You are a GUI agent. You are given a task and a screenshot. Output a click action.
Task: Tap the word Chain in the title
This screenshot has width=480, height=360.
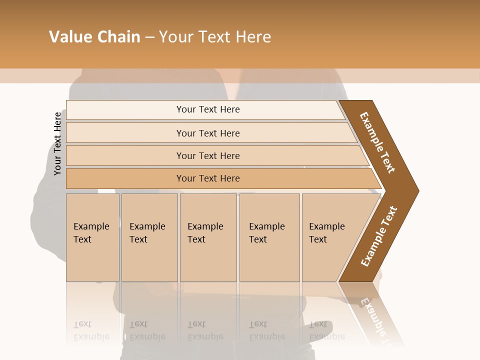pos(118,37)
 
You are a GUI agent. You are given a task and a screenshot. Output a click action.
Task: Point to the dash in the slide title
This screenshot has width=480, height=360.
pos(149,37)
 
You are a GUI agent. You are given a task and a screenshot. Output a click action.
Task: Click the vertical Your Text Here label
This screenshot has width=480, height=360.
pos(57,143)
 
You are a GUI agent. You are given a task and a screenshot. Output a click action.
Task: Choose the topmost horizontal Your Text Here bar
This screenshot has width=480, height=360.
pos(207,109)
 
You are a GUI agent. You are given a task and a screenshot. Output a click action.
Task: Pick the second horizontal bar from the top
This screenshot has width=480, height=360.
pos(207,133)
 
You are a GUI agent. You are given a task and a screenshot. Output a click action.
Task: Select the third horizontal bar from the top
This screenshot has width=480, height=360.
pos(207,155)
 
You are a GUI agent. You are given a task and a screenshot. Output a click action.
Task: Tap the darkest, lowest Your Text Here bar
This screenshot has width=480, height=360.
pos(207,178)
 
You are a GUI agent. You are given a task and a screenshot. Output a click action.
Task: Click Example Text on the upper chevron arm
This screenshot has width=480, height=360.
pos(377,142)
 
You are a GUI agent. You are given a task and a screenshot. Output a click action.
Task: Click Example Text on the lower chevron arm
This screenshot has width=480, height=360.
pos(378,236)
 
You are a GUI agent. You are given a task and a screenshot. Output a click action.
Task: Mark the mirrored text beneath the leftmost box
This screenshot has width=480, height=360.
pos(91,331)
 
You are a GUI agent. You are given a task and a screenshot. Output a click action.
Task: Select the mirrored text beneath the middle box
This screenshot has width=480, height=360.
pos(205,331)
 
